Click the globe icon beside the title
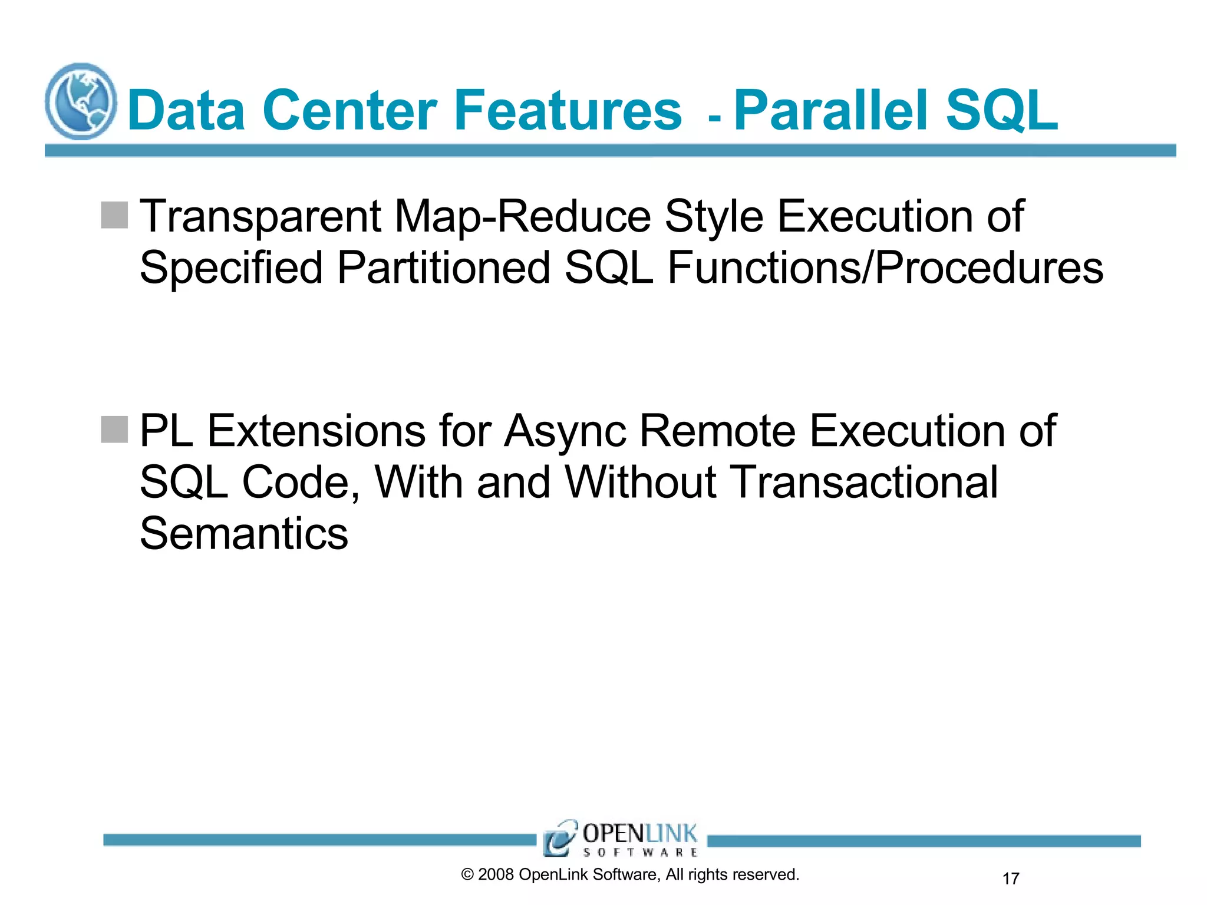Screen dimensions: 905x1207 pos(81,101)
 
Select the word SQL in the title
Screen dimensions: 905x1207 pos(1001,110)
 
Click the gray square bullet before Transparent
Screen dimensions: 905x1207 pos(114,215)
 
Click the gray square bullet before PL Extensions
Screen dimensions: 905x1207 pos(114,430)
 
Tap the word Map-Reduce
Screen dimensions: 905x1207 pos(522,216)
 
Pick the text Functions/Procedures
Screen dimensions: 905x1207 pos(885,268)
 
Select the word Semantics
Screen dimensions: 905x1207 pos(244,533)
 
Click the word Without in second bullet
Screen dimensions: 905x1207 pos(641,482)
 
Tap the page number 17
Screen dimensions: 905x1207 pos(1011,878)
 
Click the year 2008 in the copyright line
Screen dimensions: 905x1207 pos(496,874)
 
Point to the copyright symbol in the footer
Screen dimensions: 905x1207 pos(467,875)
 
